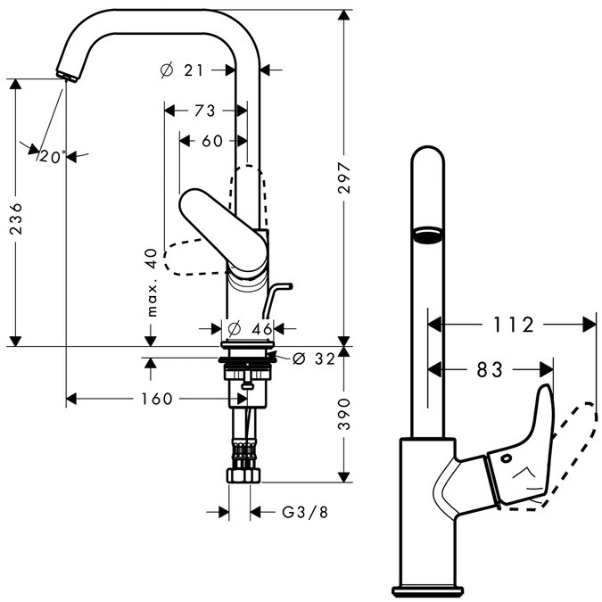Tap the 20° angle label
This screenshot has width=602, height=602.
pos(53,157)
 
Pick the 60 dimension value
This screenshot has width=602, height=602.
pos(211,141)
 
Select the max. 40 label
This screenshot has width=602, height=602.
pos(152,283)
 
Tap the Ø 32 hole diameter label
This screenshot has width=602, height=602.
pos(314,359)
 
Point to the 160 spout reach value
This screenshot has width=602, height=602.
pos(156,399)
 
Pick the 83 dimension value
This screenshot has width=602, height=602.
pos(489,368)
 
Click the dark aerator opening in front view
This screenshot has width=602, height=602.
pos(426,235)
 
